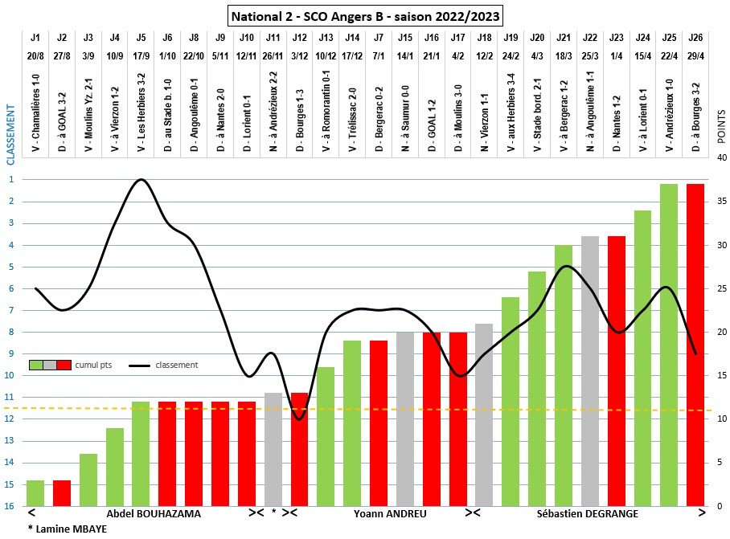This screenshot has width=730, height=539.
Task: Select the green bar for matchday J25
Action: click(669, 345)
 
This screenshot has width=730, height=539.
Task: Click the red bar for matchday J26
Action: click(695, 345)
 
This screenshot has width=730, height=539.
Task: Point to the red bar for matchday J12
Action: click(299, 449)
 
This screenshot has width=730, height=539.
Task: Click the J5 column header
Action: click(141, 37)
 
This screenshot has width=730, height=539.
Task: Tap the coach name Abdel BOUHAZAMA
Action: click(154, 513)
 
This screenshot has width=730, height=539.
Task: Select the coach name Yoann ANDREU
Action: click(390, 513)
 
